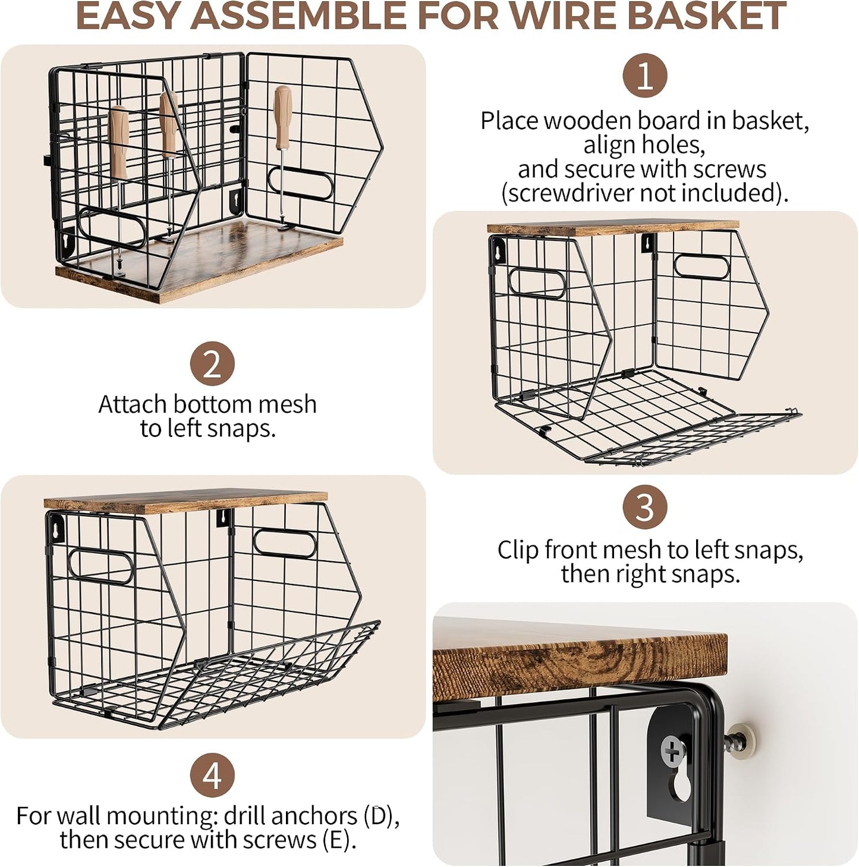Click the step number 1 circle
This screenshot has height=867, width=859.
coord(644,76)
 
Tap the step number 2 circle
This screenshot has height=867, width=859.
coord(212,363)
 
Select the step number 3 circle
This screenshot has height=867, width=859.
coord(644,507)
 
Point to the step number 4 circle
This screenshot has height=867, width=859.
coord(212,775)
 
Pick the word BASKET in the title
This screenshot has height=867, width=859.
coord(706,15)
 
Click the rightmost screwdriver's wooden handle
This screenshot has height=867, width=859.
coord(282,117)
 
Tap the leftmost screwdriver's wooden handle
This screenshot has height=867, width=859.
coord(119,143)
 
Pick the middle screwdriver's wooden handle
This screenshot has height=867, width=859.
coord(169,123)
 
